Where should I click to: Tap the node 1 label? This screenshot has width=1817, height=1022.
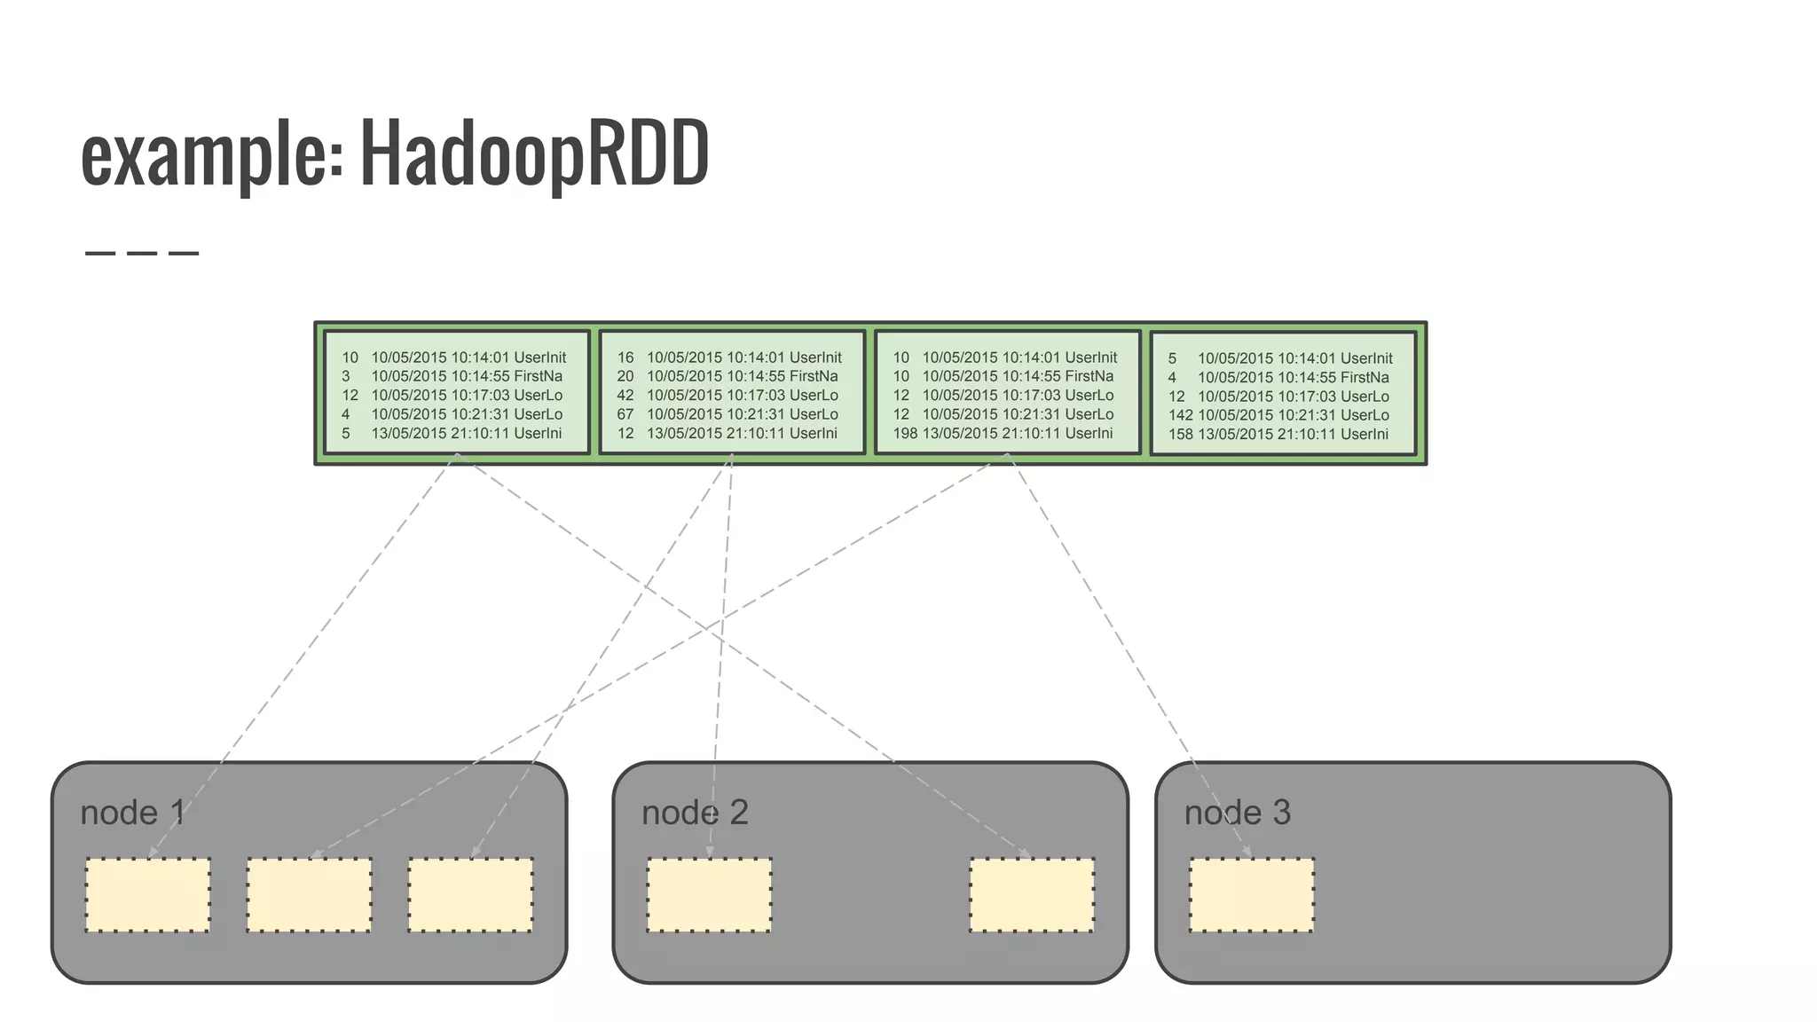pyautogui.click(x=132, y=813)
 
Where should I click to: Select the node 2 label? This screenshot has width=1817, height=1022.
pyautogui.click(x=695, y=813)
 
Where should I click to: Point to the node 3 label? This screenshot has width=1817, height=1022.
pyautogui.click(x=1237, y=813)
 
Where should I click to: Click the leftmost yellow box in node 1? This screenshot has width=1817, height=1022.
pyautogui.click(x=148, y=895)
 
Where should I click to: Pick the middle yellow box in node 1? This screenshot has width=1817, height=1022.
pyautogui.click(x=309, y=895)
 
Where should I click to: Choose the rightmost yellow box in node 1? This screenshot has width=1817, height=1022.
pyautogui.click(x=470, y=895)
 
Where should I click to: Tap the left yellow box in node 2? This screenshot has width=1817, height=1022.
pyautogui.click(x=709, y=895)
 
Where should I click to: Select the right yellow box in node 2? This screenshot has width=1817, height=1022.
pyautogui.click(x=1032, y=895)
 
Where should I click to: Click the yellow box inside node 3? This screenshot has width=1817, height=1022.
pyautogui.click(x=1251, y=895)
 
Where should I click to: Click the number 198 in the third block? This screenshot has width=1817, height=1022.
pyautogui.click(x=905, y=434)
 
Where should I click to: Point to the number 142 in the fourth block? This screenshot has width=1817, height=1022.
pyautogui.click(x=1180, y=415)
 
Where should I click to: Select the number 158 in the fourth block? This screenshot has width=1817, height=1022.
pyautogui.click(x=1180, y=435)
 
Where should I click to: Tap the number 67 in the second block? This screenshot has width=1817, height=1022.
pyautogui.click(x=625, y=414)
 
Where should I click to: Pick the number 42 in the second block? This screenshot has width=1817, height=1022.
pyautogui.click(x=625, y=396)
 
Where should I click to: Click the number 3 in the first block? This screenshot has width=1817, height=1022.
pyautogui.click(x=346, y=376)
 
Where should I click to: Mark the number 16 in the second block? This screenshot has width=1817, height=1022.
pyautogui.click(x=625, y=358)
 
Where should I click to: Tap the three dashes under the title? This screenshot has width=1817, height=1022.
pyautogui.click(x=142, y=254)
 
